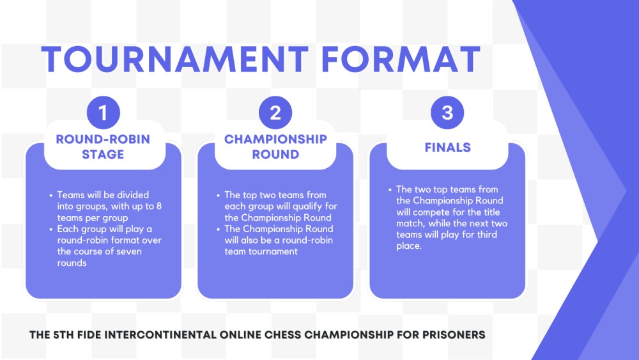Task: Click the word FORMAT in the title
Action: click(401, 59)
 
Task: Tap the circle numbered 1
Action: click(104, 114)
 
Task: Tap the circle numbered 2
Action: click(275, 114)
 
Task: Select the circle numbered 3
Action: click(447, 114)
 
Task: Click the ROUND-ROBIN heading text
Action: click(103, 139)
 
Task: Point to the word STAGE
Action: click(103, 154)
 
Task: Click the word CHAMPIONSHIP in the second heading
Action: click(275, 139)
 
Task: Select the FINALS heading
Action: click(447, 148)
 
